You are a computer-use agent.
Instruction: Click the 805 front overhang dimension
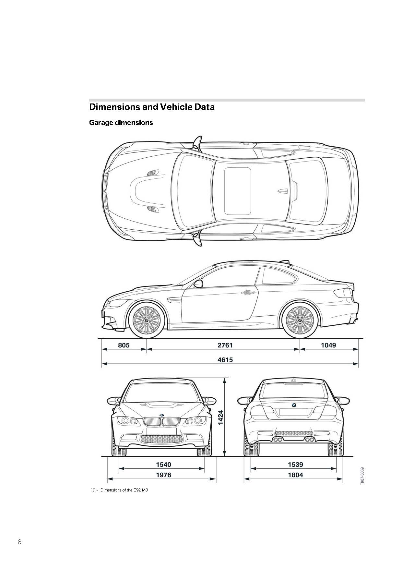[124, 345]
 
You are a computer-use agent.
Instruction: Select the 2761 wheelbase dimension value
[225, 345]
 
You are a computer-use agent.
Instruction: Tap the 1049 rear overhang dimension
[328, 345]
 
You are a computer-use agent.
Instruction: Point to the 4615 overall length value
[225, 359]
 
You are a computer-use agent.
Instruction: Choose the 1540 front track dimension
[163, 465]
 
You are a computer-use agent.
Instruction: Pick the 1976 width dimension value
[163, 475]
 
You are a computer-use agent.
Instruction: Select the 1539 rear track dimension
[295, 465]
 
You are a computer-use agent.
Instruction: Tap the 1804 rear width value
[295, 475]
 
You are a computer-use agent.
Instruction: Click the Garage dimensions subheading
[121, 123]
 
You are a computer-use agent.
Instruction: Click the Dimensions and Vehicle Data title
[152, 107]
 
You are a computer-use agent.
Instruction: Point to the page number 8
[19, 541]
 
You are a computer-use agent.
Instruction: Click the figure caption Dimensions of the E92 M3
[124, 490]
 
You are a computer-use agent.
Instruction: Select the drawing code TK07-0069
[362, 476]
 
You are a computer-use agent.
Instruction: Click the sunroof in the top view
[238, 191]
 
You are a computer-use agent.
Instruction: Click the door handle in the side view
[248, 293]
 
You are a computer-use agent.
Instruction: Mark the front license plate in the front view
[161, 431]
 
